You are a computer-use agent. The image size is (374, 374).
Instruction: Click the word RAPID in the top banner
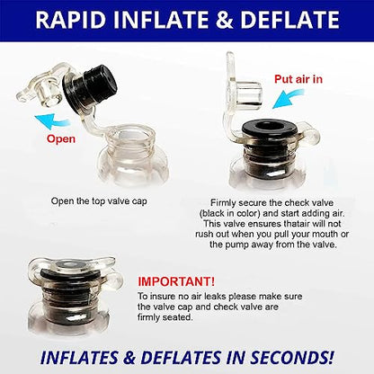tap(71, 20)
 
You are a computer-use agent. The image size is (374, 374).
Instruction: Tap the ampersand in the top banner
tap(224, 20)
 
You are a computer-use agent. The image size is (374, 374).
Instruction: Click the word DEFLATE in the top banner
tap(289, 20)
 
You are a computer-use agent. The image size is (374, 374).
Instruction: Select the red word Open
tap(61, 139)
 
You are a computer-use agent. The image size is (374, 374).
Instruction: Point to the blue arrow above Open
tap(52, 120)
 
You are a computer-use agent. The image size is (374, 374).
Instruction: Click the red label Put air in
tap(298, 79)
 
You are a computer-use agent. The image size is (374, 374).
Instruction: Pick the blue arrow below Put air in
tap(289, 100)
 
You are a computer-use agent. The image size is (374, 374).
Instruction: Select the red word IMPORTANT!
tap(176, 281)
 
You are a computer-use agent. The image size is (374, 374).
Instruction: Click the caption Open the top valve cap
tap(99, 201)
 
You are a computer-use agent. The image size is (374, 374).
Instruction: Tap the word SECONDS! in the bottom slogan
tap(291, 358)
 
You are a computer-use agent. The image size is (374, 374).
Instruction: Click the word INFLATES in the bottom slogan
tap(79, 358)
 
